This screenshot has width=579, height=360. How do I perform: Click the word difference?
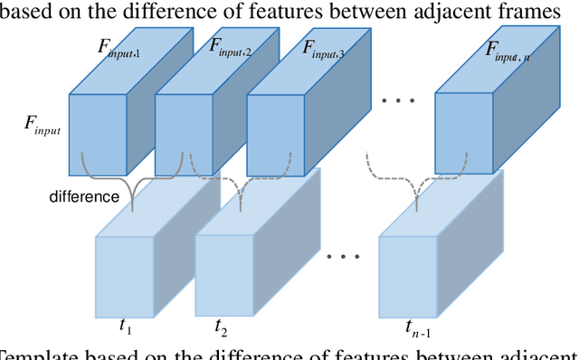pos(85,195)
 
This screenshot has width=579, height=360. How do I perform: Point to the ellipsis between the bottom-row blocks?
pos(343,256)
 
